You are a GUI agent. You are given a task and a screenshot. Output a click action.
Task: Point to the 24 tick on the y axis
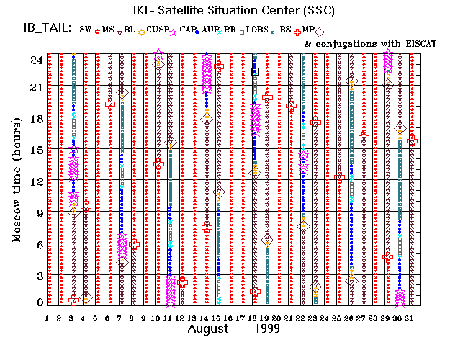coord(33,60)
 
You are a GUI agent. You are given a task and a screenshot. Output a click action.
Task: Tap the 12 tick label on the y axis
coord(33,180)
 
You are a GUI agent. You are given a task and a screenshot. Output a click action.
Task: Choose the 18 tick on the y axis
coord(33,119)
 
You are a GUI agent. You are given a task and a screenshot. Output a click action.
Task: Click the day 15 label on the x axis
coord(217,318)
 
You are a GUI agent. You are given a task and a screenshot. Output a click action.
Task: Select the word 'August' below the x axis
coord(210,329)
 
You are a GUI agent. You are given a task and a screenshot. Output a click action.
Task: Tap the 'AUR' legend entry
coord(210,30)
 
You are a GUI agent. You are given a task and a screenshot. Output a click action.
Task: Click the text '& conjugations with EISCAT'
coord(370,43)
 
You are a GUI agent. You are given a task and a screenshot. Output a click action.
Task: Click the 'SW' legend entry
coord(85,30)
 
